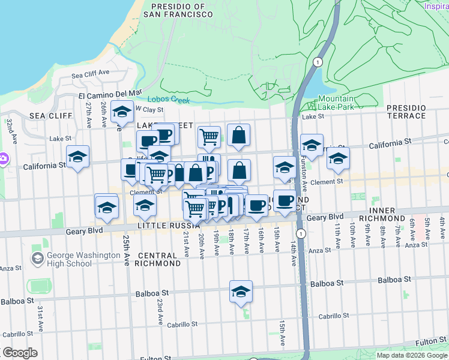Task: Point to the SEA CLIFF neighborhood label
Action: pyautogui.click(x=37, y=115)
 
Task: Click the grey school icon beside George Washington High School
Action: pyautogui.click(x=37, y=258)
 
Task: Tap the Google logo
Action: pyautogui.click(x=19, y=353)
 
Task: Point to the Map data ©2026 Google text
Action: pyautogui.click(x=412, y=355)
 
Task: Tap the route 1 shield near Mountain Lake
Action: pyautogui.click(x=318, y=62)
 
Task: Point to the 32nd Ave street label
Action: pyautogui.click(x=11, y=127)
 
